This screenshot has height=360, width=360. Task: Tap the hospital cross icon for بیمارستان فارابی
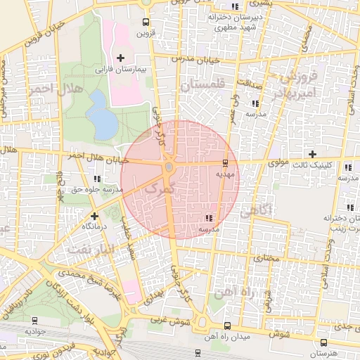[120, 57]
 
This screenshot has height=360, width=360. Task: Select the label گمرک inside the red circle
[157, 189]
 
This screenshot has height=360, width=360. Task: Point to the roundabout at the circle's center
[169, 167]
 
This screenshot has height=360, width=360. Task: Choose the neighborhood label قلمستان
[201, 84]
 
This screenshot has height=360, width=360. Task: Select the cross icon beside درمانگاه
[75, 215]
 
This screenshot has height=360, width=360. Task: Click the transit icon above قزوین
[146, 22]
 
